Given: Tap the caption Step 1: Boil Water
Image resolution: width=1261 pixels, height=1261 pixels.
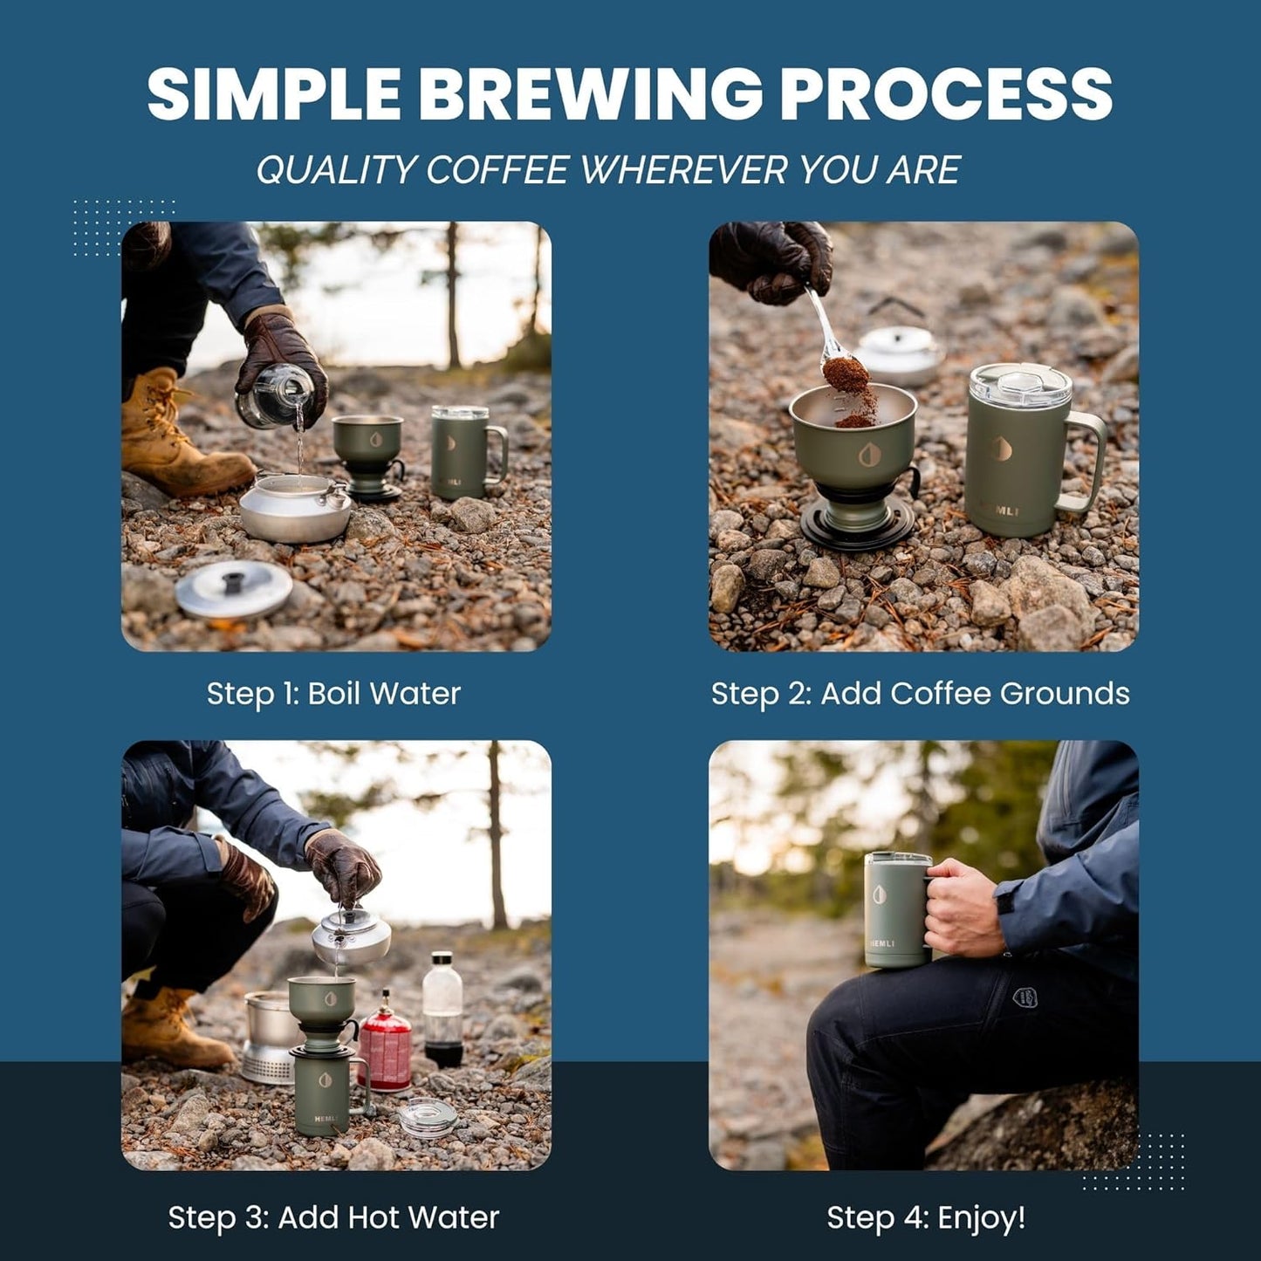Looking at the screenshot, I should coord(333,694).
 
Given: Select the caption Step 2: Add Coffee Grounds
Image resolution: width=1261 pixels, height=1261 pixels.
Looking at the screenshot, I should coord(920,694).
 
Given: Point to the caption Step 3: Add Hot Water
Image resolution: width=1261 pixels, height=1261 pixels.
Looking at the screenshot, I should coord(333,1217).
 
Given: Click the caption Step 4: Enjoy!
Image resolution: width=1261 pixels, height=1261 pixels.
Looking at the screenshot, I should coord(925,1217).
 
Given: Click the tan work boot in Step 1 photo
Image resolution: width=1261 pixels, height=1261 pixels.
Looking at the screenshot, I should coord(179,436).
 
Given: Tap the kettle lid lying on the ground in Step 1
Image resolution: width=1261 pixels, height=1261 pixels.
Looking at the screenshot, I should coord(233,590).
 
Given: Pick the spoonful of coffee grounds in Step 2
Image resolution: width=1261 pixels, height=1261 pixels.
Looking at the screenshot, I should coord(846,375).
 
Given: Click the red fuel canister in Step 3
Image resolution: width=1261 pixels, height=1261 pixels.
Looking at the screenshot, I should coord(384,1045).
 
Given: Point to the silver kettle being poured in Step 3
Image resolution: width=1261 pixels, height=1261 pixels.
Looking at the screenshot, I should coord(352,935).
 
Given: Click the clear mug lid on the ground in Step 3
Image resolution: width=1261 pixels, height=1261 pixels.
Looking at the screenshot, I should coord(427,1118).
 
